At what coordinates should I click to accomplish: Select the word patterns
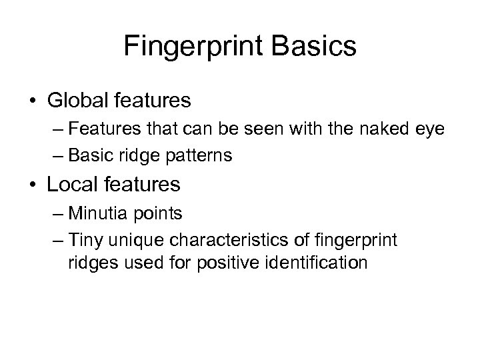(x=201, y=156)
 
